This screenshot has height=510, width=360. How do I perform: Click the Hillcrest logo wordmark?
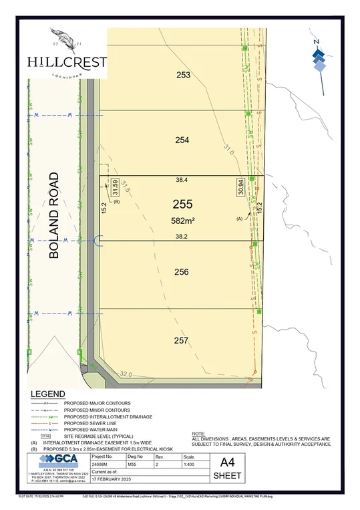coord(66,61)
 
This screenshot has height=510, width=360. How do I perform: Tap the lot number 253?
coord(183,76)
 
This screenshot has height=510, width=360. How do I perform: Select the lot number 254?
coord(183,140)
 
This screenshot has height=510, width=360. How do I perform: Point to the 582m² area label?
coord(182,220)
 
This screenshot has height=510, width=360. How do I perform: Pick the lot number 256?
coord(182,272)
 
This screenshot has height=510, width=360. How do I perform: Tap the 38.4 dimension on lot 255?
coord(182,180)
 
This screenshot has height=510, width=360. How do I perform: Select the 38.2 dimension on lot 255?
coord(182,237)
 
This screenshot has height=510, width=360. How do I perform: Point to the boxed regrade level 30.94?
coord(239,186)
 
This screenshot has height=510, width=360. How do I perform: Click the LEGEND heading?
coord(48,394)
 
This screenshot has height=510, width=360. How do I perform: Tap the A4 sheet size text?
coord(222,461)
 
